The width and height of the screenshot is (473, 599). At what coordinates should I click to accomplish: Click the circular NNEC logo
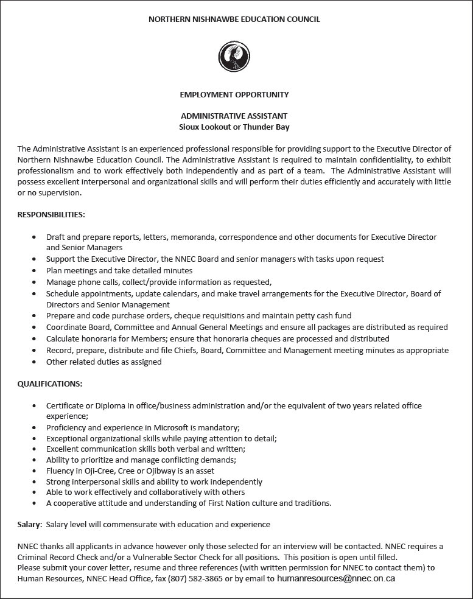[x=234, y=57]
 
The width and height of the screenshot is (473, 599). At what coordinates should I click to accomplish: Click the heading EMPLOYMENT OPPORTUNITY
[x=234, y=95]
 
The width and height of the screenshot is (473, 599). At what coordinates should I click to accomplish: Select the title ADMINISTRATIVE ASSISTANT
[x=234, y=116]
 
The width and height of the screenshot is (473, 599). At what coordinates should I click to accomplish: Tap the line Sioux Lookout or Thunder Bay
[x=234, y=127]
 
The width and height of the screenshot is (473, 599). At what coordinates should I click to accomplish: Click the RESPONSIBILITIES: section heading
[x=51, y=215]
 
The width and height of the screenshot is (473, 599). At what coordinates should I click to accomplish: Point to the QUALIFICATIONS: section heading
[x=50, y=384]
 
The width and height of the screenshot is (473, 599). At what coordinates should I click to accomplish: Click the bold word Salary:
[x=30, y=524]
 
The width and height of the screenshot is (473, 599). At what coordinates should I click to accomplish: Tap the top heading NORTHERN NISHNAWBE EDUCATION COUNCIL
[x=234, y=19]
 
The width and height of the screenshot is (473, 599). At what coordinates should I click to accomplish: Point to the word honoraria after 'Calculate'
[x=100, y=338]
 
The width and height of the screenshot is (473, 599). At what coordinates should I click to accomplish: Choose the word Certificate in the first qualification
[x=65, y=405]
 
